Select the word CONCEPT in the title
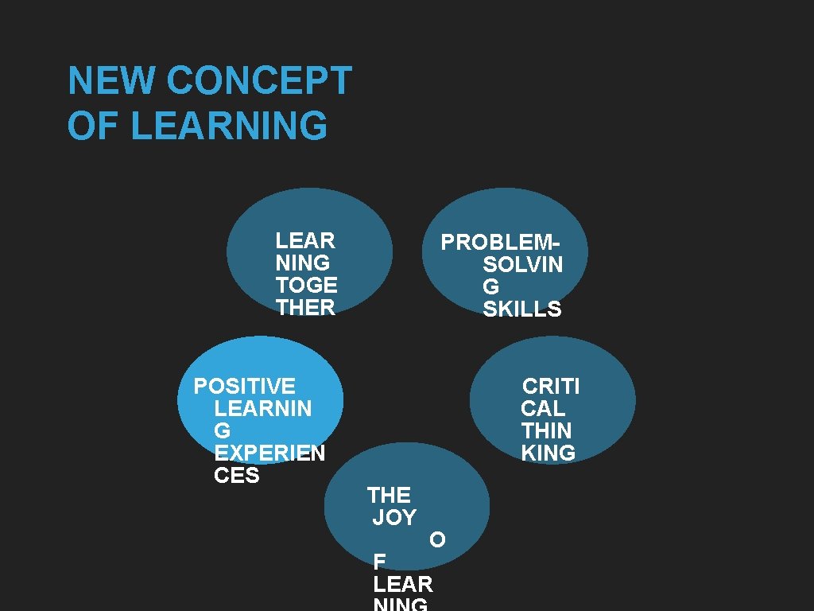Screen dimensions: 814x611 pos(259,80)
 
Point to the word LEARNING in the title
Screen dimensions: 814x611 pos(229,126)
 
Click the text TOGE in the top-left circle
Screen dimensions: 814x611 pos(306,285)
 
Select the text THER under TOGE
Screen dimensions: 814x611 pos(305,307)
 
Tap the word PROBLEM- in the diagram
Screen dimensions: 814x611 pos(501,242)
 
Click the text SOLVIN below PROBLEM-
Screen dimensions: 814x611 pos(522,265)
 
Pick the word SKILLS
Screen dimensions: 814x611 pos(521,309)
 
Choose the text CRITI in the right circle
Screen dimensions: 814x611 pos(551,387)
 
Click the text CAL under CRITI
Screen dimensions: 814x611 pos(543,409)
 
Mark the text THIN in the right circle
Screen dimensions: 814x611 pos(546,431)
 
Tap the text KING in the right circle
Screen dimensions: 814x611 pos(548,453)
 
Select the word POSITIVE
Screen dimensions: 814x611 pos(245,387)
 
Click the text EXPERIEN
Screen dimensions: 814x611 pos(269,453)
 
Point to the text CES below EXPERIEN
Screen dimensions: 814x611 pos(237,476)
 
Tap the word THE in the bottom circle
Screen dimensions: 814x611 pos(389,496)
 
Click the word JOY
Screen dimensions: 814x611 pos(394,518)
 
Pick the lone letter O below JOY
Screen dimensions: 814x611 pos(437,540)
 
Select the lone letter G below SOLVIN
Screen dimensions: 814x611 pos(491,287)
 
